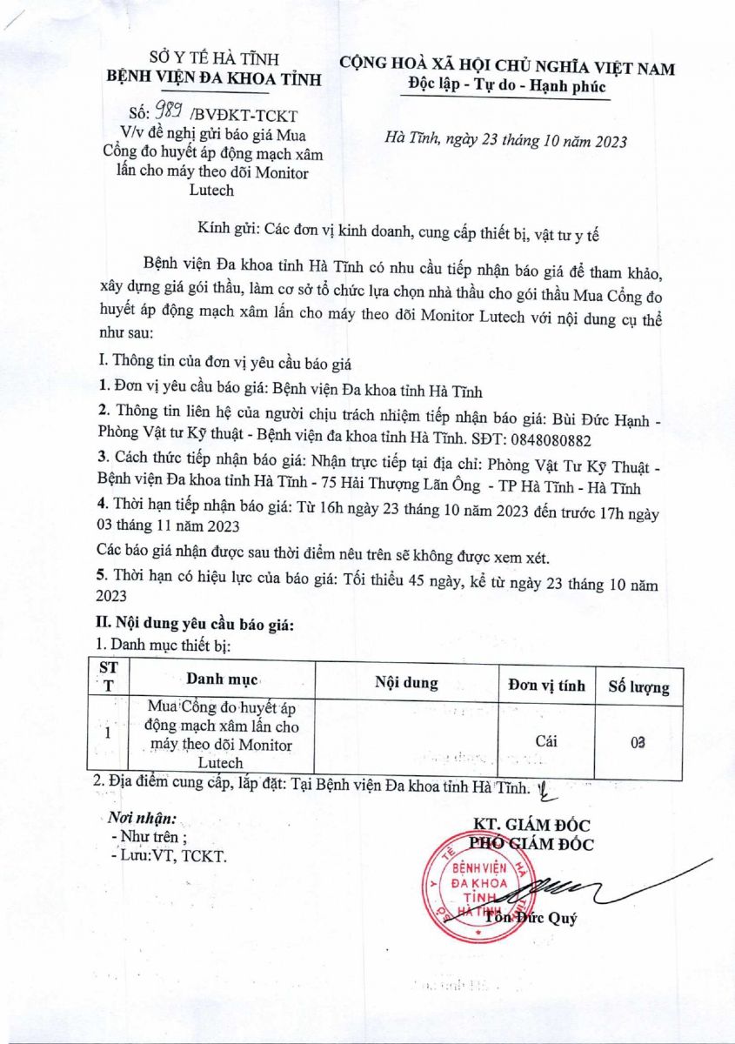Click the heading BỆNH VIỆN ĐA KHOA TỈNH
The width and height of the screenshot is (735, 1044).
point(213,79)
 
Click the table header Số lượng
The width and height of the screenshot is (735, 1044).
point(638,686)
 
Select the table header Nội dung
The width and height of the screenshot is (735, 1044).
point(406,683)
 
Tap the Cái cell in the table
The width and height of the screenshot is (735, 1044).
point(546,740)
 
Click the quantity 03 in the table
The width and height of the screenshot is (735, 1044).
point(638,742)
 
